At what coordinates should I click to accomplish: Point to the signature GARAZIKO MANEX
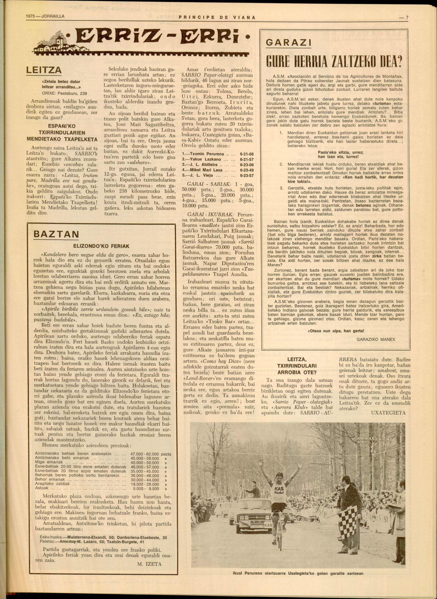(x=376, y=339)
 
